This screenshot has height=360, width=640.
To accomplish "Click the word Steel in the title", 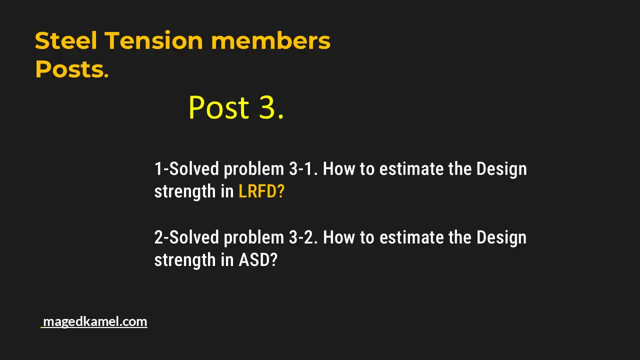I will point(66,40).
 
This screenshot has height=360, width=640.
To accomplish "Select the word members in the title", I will point(270,40).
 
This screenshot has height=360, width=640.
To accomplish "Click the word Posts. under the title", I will point(71,69).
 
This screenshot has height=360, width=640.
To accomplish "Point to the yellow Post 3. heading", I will point(236,107).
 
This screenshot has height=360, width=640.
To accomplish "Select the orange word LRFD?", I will point(261,191).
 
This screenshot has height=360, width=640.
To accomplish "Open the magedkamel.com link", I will point(94,321).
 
